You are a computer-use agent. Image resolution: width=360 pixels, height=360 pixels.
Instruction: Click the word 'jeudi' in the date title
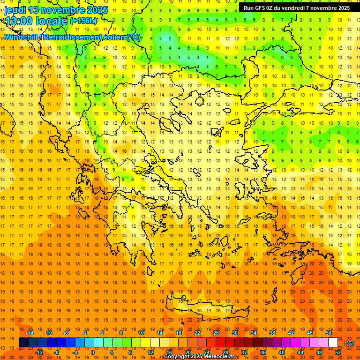[15, 10]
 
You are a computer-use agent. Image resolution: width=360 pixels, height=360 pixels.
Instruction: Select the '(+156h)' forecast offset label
[83, 21]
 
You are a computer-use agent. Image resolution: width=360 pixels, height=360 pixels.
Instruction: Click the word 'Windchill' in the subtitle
[22, 37]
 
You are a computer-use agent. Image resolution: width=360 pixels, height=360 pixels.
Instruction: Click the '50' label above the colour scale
[328, 333]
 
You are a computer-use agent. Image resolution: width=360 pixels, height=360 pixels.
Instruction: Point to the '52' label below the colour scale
[337, 352]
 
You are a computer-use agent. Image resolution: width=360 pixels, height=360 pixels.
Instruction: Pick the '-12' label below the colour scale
[39, 352]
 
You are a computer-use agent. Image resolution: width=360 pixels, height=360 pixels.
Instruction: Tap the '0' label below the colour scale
[92, 352]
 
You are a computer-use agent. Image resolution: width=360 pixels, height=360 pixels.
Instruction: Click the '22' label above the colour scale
[197, 333]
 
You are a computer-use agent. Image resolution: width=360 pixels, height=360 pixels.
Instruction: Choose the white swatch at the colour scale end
[333, 343]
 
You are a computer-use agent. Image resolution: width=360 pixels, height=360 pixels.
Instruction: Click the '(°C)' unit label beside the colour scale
[349, 343]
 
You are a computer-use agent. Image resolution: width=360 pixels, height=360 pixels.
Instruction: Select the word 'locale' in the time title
[53, 21]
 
